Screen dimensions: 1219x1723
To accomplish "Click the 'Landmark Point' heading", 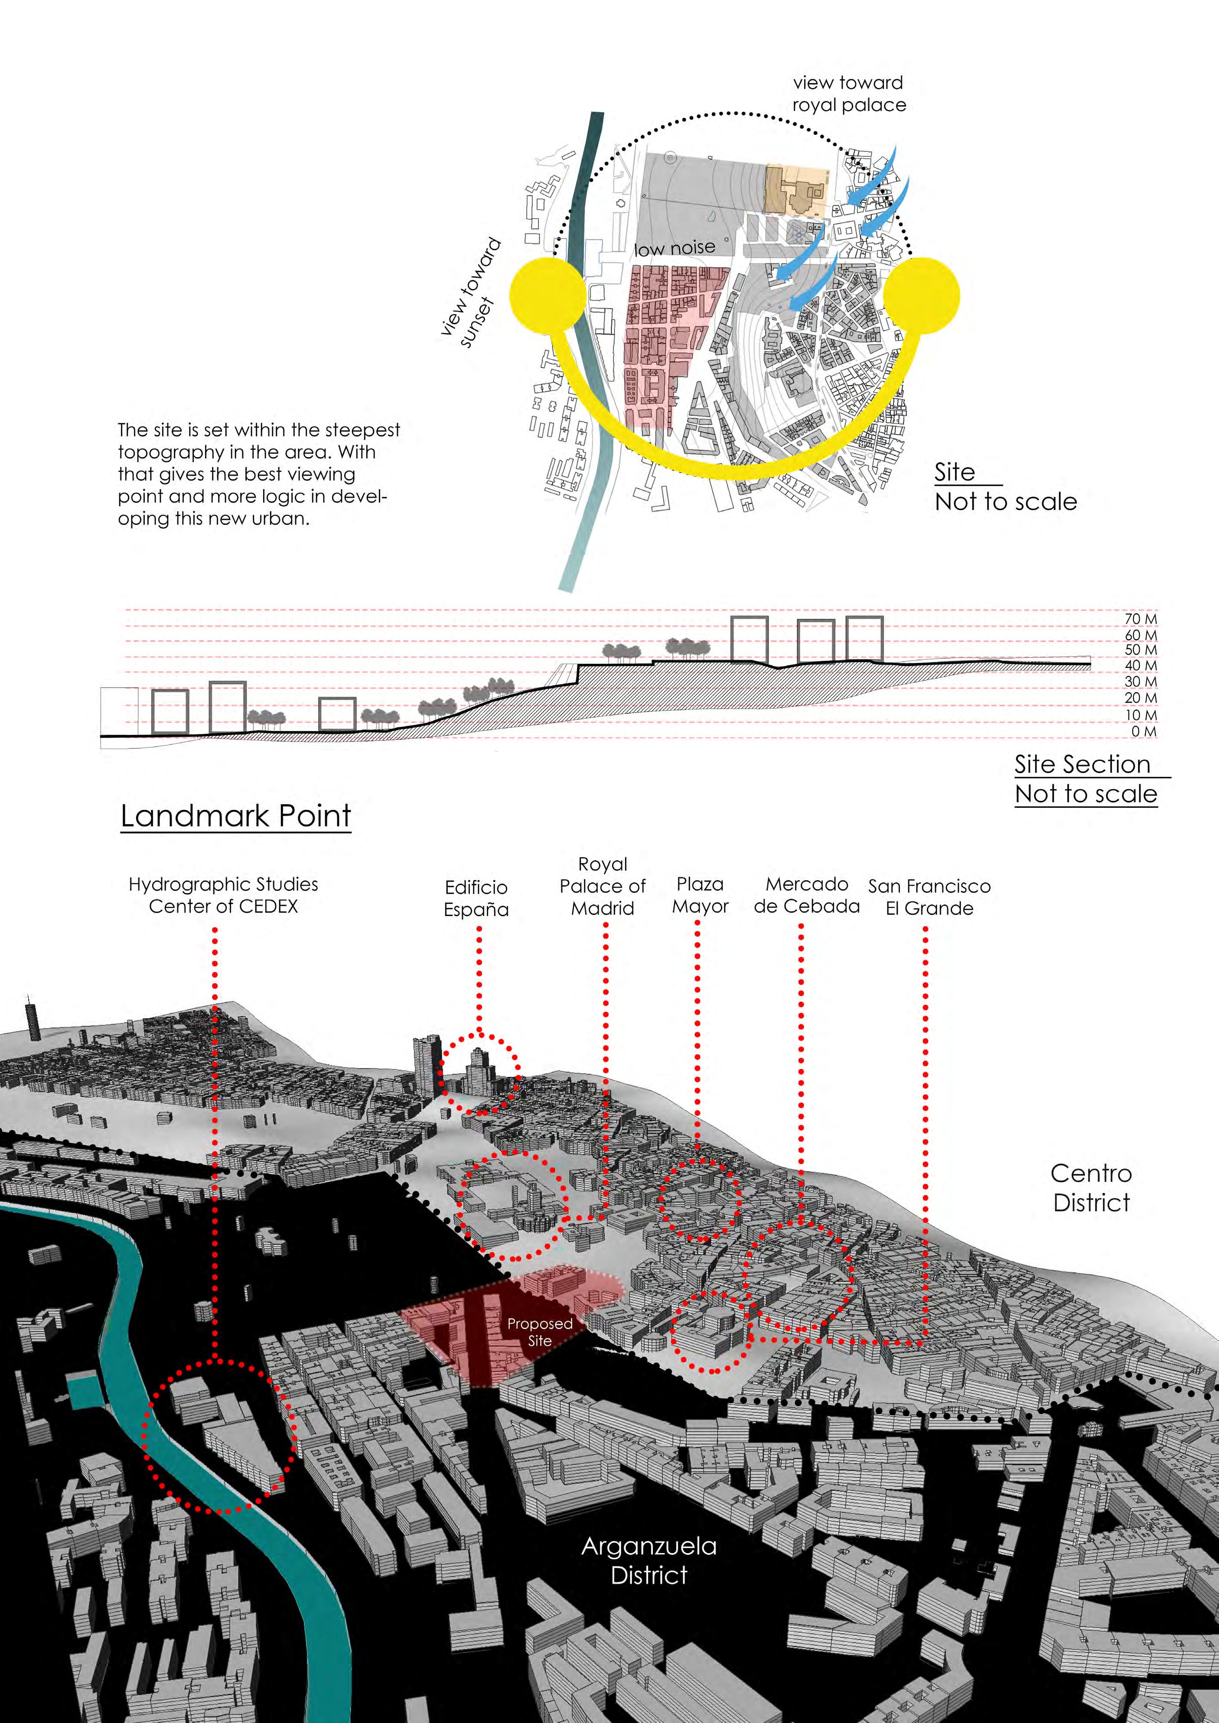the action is tap(236, 816).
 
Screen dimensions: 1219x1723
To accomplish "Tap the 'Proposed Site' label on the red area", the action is tap(540, 1332).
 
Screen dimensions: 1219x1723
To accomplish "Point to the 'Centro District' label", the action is tap(1091, 1187).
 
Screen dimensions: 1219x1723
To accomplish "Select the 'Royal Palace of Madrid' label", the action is tap(602, 886).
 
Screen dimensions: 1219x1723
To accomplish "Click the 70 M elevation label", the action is tap(1140, 619).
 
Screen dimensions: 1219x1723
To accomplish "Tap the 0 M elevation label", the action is tap(1144, 731).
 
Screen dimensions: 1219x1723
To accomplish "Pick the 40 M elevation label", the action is tap(1140, 666).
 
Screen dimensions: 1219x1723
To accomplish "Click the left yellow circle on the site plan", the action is tap(547, 295).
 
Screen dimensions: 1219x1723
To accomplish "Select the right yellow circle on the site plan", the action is tap(921, 295).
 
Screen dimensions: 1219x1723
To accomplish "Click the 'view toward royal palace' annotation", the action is tap(849, 94).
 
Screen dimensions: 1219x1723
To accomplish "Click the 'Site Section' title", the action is tap(1082, 764).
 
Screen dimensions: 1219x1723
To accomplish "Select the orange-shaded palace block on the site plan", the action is tap(795, 189).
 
